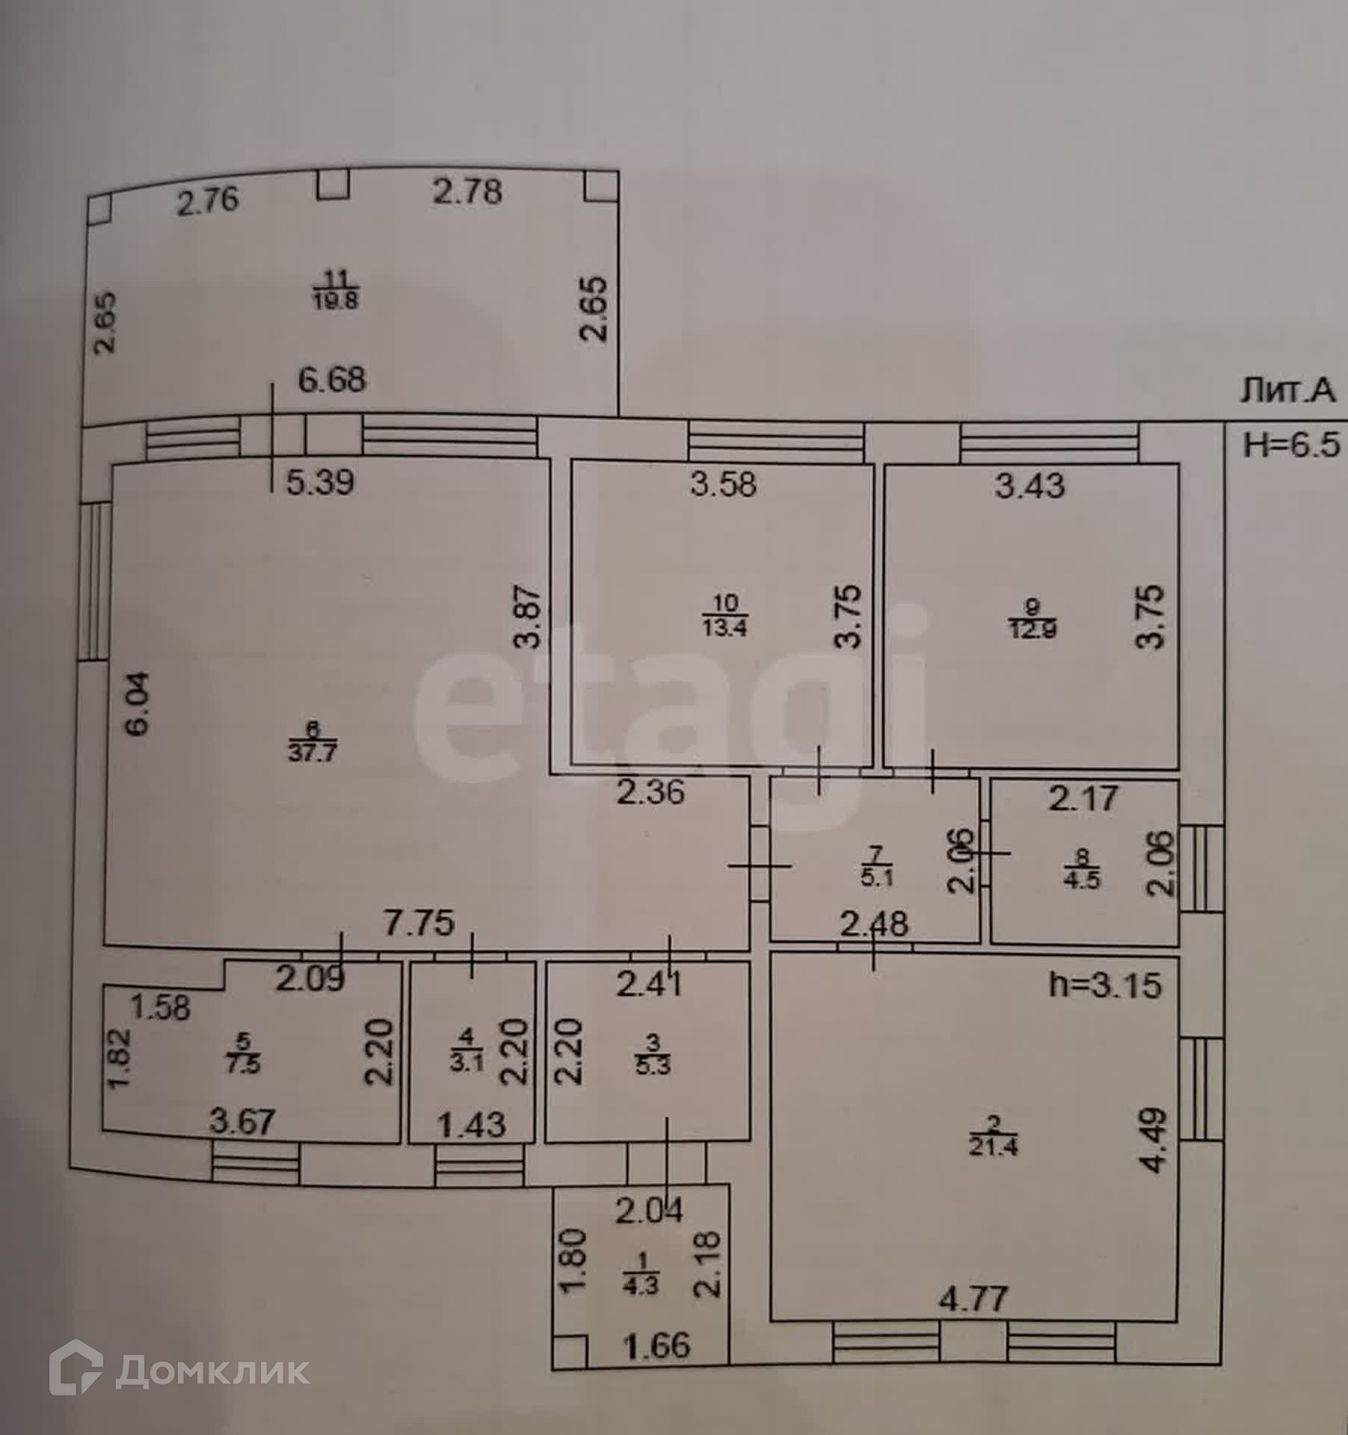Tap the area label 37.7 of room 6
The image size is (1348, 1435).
pos(313,752)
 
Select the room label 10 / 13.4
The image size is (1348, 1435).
pos(724,614)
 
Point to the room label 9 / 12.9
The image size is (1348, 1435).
pos(1032,617)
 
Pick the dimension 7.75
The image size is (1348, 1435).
pos(419,923)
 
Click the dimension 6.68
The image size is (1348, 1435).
pos(332,380)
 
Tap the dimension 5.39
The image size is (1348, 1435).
pos(320,483)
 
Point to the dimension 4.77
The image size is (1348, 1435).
pos(973,1299)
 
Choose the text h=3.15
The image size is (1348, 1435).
pos(1105,986)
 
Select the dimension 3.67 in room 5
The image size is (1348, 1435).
pos(242,1121)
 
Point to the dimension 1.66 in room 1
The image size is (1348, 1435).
pos(658,1346)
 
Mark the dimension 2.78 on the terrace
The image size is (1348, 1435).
pos(468,192)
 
